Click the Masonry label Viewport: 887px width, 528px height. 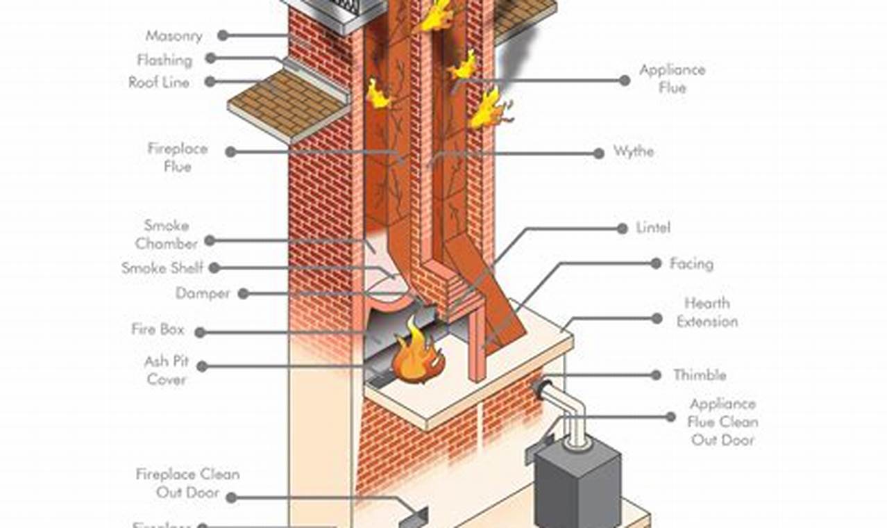click(x=174, y=36)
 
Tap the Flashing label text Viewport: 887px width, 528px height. click(x=164, y=60)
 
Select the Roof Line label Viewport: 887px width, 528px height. click(x=159, y=83)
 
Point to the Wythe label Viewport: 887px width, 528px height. click(x=633, y=151)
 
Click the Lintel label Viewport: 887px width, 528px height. click(x=653, y=228)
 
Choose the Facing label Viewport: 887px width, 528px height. click(x=691, y=264)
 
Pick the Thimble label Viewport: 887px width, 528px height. click(x=700, y=375)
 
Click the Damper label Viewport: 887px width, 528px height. click(x=203, y=293)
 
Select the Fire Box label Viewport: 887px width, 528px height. click(x=158, y=329)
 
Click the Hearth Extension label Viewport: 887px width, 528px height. click(x=707, y=313)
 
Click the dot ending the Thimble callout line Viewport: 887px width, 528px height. click(x=655, y=375)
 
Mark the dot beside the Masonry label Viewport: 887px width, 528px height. click(x=222, y=35)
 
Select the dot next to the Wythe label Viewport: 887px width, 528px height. click(x=598, y=153)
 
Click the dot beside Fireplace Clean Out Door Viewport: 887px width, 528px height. click(x=231, y=497)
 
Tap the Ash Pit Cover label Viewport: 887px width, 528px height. click(x=166, y=371)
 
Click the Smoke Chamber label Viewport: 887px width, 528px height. click(x=167, y=234)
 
